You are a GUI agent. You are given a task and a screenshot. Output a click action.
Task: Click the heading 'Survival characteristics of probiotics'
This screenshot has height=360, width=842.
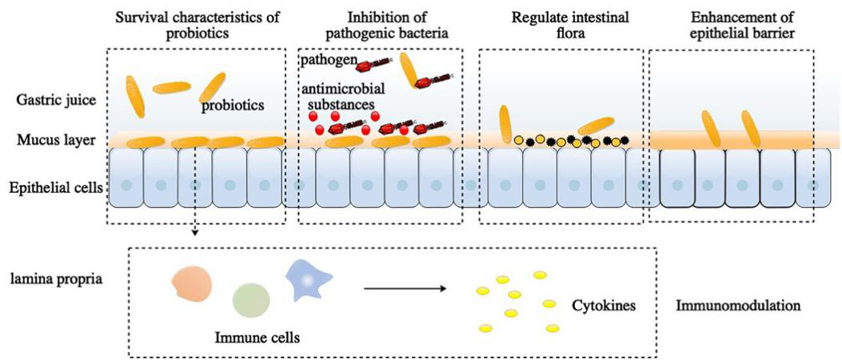[x=195, y=26]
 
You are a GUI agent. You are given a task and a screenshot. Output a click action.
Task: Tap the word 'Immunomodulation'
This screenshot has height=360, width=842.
[x=738, y=306]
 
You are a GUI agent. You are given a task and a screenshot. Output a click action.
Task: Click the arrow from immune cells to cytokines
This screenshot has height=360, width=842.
[x=403, y=286]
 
